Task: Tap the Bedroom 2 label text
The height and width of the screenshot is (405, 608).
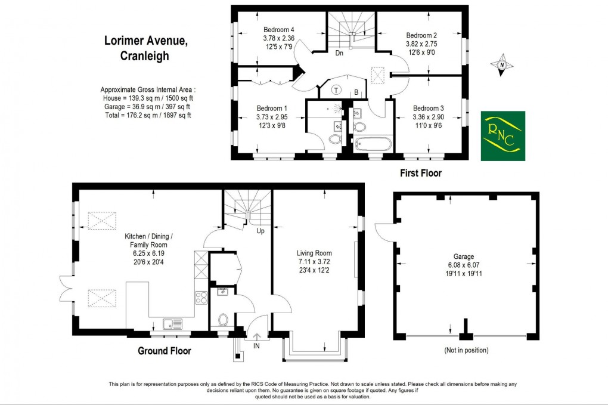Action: pyautogui.click(x=422, y=35)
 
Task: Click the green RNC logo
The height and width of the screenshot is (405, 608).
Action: pyautogui.click(x=502, y=135)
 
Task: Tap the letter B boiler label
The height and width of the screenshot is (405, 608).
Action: pyautogui.click(x=356, y=92)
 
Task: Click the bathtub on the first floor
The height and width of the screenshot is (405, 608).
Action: pyautogui.click(x=372, y=144)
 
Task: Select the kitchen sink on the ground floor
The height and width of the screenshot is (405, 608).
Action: pyautogui.click(x=173, y=324)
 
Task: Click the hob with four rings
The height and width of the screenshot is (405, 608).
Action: pyautogui.click(x=201, y=296)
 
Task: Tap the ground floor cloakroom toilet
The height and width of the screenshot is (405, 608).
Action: pyautogui.click(x=224, y=320)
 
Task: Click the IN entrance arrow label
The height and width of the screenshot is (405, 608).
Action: pyautogui.click(x=256, y=345)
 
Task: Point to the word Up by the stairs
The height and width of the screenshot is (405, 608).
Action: pyautogui.click(x=260, y=231)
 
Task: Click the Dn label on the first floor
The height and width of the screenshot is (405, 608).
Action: pyautogui.click(x=339, y=53)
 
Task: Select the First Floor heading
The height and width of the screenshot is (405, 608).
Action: pyautogui.click(x=420, y=173)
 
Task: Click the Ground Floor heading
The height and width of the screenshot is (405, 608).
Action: pyautogui.click(x=165, y=351)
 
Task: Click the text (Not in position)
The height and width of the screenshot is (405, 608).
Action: pyautogui.click(x=466, y=350)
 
